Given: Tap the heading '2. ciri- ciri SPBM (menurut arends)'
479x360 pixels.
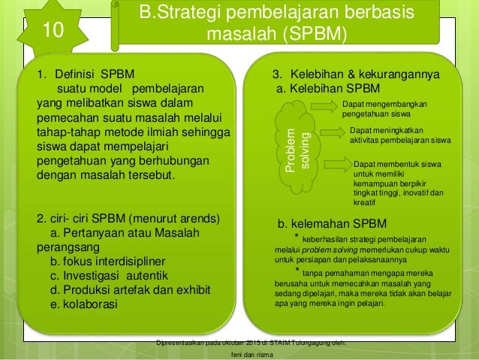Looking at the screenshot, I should pyautogui.click(x=128, y=219).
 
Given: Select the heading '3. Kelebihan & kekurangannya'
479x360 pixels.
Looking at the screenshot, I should pyautogui.click(x=356, y=75).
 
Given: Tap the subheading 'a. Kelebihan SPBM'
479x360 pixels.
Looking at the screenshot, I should pyautogui.click(x=329, y=89).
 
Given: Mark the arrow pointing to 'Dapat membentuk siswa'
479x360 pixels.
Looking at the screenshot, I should pyautogui.click(x=334, y=164).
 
